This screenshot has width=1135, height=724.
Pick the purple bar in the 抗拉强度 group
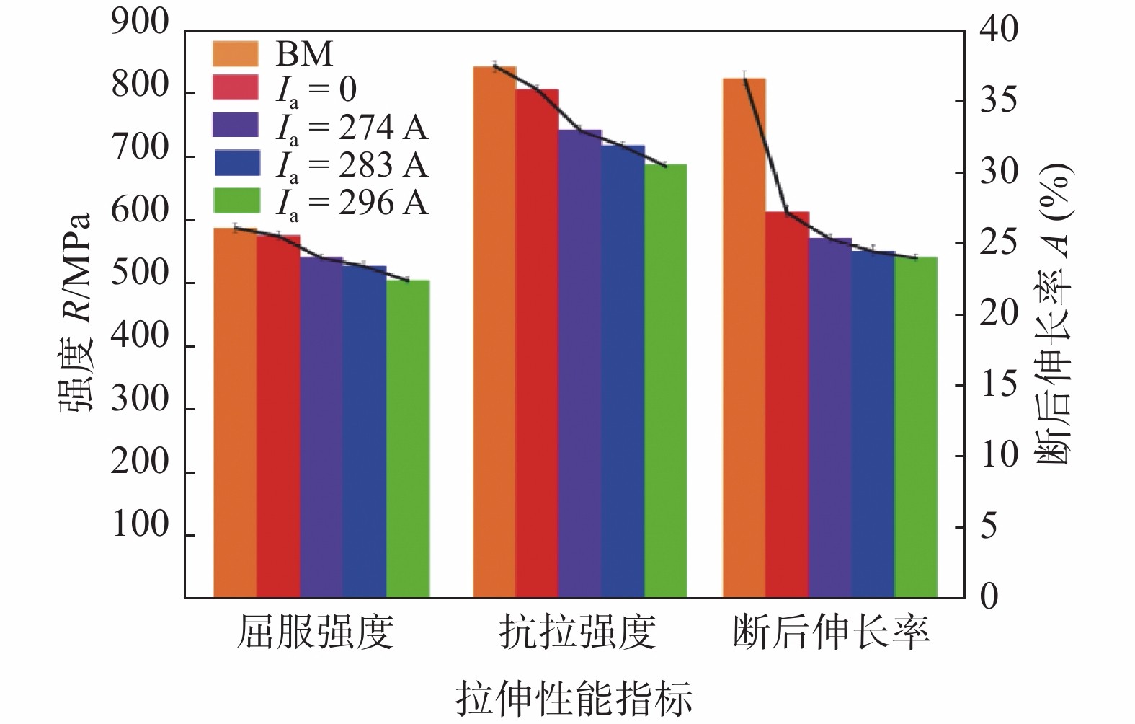click(580, 363)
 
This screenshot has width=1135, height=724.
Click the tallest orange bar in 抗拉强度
click(494, 332)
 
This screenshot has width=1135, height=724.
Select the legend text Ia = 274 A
click(352, 128)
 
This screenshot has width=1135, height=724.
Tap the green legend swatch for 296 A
click(237, 201)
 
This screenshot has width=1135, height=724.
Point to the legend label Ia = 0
click(317, 90)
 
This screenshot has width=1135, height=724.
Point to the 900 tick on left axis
click(141, 24)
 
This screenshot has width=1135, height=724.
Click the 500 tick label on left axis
click(141, 275)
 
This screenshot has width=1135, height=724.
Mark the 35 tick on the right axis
click(999, 100)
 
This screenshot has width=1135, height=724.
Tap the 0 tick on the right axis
click(989, 596)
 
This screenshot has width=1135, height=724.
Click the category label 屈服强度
click(316, 632)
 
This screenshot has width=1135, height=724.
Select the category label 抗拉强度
click(577, 632)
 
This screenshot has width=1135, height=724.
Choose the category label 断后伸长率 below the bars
click(831, 632)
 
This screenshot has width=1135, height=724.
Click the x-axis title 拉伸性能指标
click(574, 698)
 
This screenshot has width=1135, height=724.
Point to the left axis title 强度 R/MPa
click(76, 312)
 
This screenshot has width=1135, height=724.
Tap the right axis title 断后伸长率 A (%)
click(1054, 314)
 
